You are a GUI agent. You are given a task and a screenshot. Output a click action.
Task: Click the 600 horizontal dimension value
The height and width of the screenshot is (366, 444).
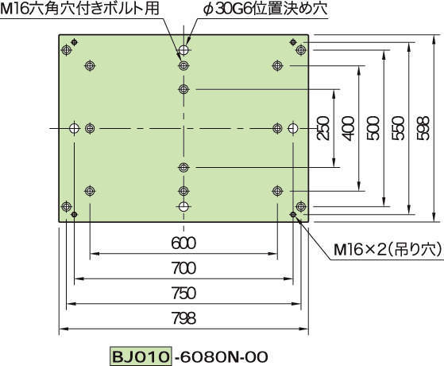(183, 243)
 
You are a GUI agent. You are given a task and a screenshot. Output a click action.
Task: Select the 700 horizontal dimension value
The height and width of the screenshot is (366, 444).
(183, 268)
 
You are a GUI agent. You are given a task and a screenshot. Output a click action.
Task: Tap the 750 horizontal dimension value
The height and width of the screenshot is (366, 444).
(183, 293)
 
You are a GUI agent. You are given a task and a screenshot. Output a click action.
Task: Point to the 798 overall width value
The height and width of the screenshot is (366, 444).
(183, 317)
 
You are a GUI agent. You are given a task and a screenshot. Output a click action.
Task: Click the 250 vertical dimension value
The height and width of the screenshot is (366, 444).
(323, 128)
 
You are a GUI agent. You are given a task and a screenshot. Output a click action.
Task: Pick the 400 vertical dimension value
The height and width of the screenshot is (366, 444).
(348, 128)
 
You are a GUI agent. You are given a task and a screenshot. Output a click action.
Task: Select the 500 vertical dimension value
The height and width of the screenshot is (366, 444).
(373, 128)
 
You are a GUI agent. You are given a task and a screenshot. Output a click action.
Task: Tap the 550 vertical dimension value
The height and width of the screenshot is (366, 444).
(398, 128)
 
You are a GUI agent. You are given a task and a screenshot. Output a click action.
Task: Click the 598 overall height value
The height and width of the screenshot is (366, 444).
(423, 128)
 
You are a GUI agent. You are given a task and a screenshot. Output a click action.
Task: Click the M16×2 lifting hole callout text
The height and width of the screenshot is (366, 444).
(388, 250)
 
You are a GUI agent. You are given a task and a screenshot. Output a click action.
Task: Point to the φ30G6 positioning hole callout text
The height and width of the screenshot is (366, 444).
(265, 9)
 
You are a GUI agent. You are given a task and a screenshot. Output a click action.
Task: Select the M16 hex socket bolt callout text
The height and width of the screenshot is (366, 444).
(79, 9)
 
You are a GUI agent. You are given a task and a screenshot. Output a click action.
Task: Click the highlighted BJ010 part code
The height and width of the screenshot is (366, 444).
(141, 356)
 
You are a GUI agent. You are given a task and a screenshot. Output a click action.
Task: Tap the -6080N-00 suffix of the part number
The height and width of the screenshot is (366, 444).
(221, 356)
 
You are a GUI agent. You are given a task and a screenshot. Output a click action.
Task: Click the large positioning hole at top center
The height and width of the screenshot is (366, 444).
(183, 50)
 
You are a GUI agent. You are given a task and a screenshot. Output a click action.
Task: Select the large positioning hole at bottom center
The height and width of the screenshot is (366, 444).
(183, 207)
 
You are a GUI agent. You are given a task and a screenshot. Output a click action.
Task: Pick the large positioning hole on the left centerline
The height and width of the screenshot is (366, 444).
(74, 128)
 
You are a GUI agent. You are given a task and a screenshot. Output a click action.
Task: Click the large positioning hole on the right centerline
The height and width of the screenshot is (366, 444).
(293, 128)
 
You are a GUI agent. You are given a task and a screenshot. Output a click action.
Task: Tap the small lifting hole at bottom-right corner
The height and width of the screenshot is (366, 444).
(293, 214)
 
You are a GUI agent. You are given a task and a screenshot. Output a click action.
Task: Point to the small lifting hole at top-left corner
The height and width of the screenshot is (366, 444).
(74, 42)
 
